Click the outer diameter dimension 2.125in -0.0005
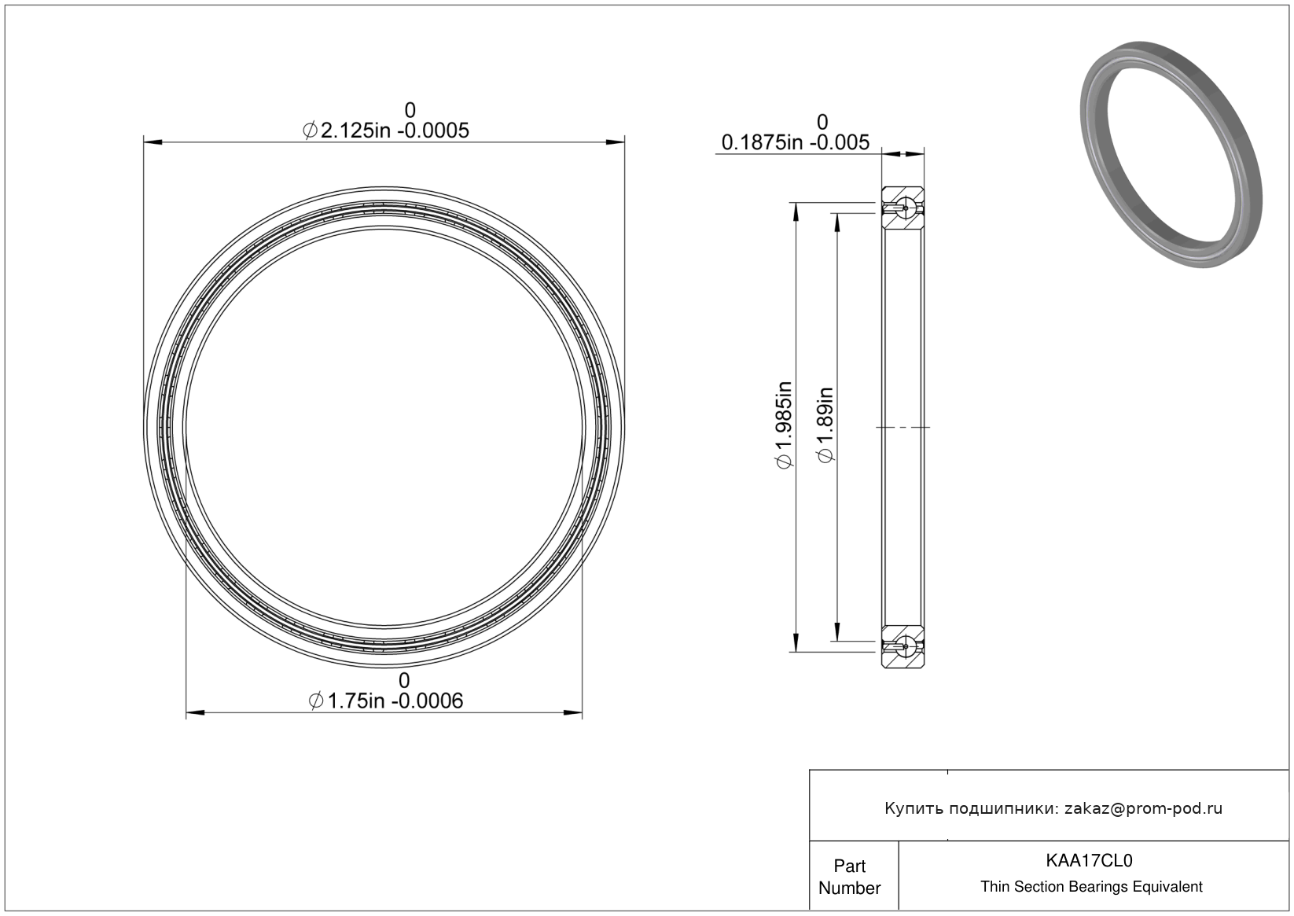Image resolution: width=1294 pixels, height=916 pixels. point(385,131)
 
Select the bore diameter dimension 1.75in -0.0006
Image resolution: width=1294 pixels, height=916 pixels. point(385,701)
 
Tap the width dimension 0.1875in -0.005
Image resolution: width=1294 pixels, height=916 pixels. point(795,143)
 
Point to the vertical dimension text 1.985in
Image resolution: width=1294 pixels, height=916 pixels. point(784,425)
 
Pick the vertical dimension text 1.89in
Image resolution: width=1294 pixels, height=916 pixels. point(825,425)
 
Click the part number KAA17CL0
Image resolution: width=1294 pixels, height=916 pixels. point(1089,860)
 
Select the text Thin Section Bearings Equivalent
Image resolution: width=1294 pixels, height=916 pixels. point(1091,887)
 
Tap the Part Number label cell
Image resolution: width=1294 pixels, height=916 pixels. point(850,877)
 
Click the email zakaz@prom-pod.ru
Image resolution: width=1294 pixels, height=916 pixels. point(1143,808)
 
